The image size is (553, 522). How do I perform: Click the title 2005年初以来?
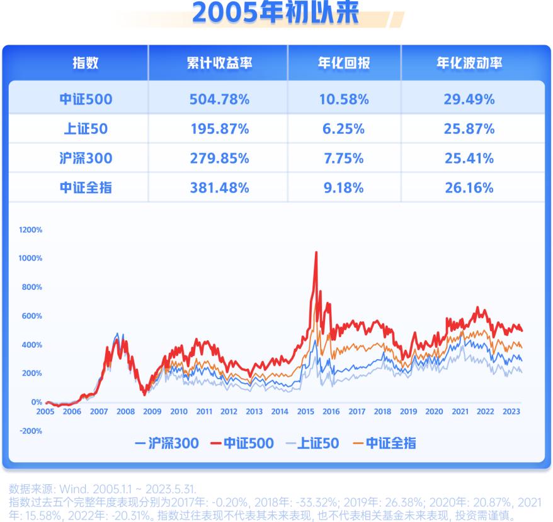click(275, 14)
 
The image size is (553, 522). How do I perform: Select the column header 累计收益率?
click(219, 63)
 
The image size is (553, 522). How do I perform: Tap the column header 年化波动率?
click(469, 63)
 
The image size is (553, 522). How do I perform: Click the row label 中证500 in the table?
click(85, 99)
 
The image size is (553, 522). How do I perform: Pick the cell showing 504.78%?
click(219, 99)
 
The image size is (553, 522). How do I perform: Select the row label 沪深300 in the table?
click(85, 158)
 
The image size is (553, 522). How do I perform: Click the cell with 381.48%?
click(219, 187)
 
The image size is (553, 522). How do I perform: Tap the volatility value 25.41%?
click(469, 158)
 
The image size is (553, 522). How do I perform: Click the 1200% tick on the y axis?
click(30, 230)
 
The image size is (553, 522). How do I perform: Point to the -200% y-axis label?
click(31, 431)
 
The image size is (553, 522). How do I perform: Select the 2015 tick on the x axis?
click(305, 412)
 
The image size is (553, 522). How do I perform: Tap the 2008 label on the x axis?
click(125, 412)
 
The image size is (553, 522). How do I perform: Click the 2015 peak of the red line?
click(316, 253)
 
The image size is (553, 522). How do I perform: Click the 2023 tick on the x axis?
click(511, 412)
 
